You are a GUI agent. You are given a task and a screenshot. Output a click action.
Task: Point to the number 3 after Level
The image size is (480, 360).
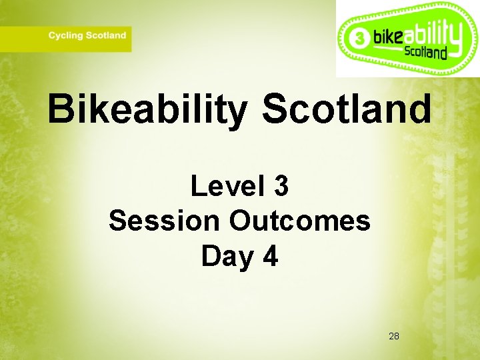(281, 186)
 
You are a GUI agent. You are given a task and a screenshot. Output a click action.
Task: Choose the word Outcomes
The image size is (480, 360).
(300, 221)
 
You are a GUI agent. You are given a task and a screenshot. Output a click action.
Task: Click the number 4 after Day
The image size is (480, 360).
(270, 256)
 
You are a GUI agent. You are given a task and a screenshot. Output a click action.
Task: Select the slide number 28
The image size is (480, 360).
(393, 336)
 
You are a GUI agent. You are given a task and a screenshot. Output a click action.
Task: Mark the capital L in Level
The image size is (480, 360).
(197, 186)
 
